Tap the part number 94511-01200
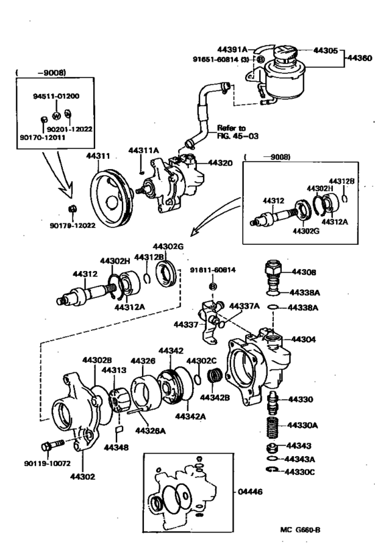click(x=56, y=97)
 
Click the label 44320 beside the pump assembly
click(x=220, y=162)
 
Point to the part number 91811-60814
click(x=214, y=271)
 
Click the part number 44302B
click(x=98, y=361)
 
